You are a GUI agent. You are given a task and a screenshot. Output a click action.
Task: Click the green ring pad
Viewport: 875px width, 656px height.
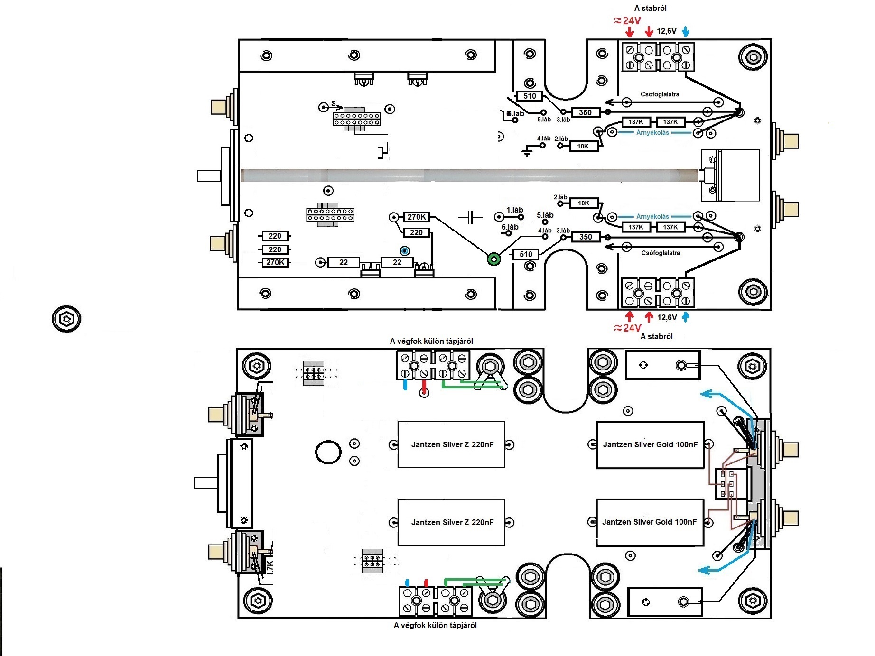494,259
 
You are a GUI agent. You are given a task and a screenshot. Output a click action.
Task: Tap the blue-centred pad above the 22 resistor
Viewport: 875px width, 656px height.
404,250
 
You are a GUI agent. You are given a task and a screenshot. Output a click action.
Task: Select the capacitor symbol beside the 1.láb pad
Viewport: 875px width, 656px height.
470,218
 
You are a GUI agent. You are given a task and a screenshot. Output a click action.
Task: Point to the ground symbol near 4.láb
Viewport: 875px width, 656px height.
527,152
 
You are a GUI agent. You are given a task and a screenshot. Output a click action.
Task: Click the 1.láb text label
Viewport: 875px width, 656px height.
514,210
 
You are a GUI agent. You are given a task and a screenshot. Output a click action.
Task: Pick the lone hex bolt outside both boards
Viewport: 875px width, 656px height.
66,318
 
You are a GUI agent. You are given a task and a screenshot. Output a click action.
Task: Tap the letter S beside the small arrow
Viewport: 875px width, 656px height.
334,103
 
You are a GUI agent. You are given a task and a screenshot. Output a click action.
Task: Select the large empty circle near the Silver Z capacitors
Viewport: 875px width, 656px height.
328,452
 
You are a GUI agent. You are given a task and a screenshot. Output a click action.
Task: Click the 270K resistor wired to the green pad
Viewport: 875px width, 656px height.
417,217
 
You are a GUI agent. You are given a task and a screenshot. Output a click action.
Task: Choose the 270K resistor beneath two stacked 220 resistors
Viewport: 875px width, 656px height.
275,262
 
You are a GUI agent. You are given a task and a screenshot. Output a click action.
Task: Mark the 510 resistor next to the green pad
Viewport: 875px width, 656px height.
526,254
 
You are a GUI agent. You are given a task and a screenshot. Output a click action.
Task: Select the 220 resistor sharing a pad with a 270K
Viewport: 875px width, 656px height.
416,232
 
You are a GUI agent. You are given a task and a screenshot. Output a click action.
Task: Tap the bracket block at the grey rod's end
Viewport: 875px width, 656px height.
730,176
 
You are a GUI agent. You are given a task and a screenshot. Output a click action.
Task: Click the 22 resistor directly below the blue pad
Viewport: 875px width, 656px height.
397,262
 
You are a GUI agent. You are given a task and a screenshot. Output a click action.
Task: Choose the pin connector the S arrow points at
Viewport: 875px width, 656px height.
356,120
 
